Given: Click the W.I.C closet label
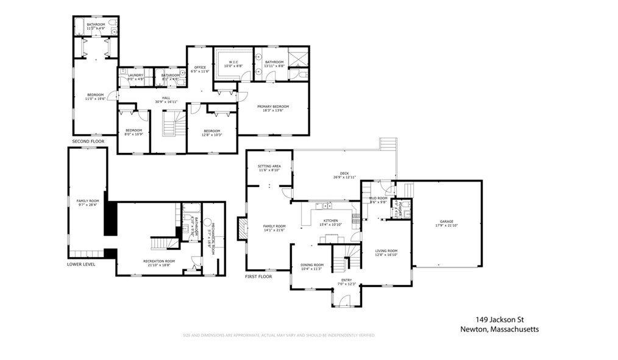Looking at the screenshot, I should point(236,63).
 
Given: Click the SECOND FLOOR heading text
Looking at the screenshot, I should point(88,141).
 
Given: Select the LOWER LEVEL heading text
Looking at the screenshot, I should point(81,264).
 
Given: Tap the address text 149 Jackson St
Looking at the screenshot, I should point(500,319).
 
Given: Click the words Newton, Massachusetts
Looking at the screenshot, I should point(500,330).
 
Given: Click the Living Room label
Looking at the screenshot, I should point(386,253).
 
